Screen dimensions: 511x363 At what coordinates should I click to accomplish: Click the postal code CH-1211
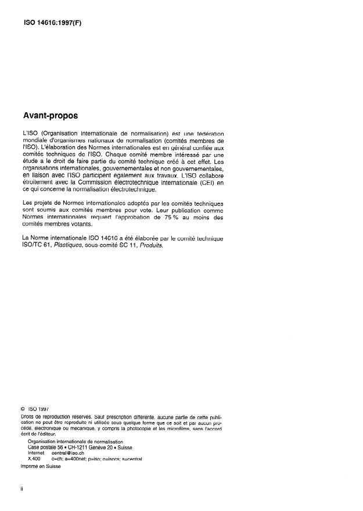(x=77, y=447)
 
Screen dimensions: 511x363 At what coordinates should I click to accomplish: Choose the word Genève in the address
(x=101, y=447)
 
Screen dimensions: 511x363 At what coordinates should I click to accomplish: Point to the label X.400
(x=34, y=459)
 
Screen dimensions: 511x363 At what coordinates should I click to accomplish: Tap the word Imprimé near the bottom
(x=30, y=466)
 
